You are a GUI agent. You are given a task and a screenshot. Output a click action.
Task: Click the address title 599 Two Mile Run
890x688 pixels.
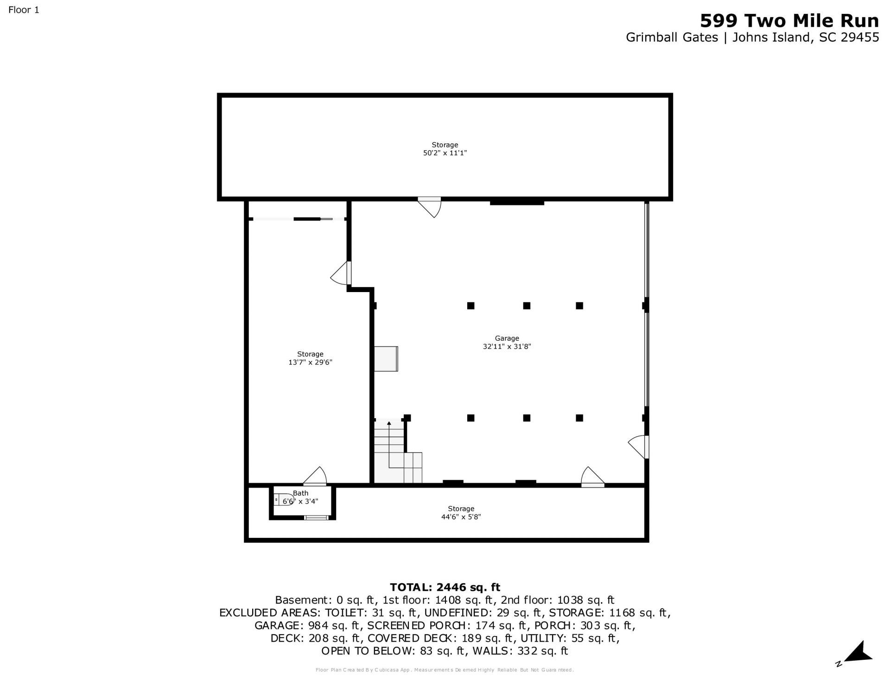click(789, 21)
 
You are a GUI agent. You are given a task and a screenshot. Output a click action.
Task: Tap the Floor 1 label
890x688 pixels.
click(24, 10)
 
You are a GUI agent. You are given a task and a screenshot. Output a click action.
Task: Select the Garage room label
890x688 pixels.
click(507, 338)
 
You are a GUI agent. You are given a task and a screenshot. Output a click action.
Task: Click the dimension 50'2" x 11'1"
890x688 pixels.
click(445, 153)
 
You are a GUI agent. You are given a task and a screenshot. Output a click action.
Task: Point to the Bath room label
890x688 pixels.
click(300, 493)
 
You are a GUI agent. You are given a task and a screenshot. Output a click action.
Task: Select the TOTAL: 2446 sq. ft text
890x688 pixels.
click(445, 587)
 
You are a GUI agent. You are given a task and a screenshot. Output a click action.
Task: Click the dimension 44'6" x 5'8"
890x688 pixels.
click(461, 517)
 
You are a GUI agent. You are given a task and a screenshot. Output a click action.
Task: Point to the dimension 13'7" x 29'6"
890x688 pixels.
click(310, 363)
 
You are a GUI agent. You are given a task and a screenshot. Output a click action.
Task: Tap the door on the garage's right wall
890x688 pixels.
click(639, 447)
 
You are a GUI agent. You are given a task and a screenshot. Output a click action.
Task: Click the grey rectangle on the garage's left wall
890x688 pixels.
click(386, 359)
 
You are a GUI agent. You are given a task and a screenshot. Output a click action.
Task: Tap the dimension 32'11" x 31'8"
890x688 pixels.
click(507, 346)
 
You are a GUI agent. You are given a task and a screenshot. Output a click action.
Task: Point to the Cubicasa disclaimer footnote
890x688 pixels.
click(445, 670)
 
